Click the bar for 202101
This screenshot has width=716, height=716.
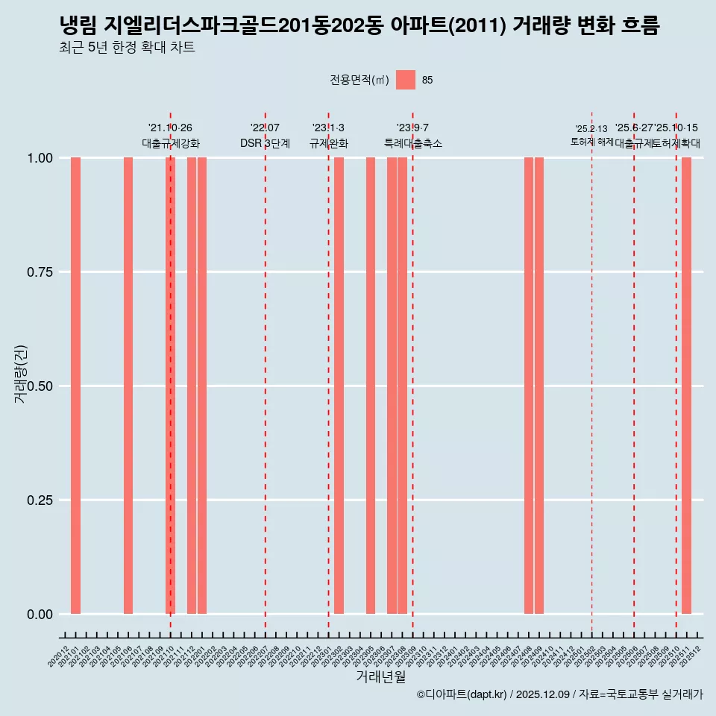(x=75, y=386)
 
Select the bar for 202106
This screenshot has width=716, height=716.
(x=128, y=386)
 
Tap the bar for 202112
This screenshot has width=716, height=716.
(x=192, y=386)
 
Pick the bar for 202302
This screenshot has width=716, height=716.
(x=339, y=386)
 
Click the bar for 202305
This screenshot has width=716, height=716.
(x=371, y=386)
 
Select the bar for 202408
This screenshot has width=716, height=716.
(x=529, y=386)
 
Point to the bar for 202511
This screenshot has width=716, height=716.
(x=687, y=386)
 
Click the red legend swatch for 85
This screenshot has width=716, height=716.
(x=406, y=80)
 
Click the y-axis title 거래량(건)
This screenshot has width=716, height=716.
(x=21, y=374)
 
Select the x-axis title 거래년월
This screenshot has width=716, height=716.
(x=381, y=677)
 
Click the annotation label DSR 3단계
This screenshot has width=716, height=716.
(x=265, y=143)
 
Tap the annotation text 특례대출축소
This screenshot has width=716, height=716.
(x=412, y=143)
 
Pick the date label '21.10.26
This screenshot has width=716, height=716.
(x=170, y=128)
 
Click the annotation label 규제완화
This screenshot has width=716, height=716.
(x=328, y=143)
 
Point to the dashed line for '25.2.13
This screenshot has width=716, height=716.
(x=592, y=373)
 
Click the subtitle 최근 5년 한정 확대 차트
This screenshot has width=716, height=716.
(x=127, y=48)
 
